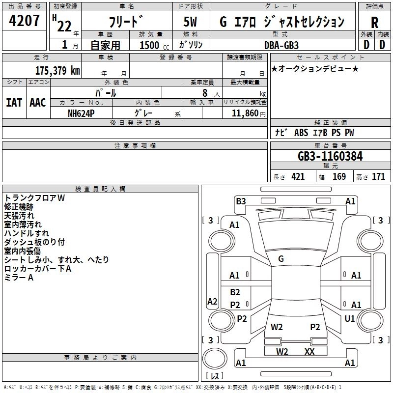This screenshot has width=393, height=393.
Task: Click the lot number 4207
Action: coord(25,21)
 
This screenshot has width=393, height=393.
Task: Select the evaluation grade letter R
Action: coord(374,23)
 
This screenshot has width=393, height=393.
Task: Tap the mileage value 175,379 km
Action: coord(57,70)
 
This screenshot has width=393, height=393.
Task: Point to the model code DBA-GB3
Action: coord(281,44)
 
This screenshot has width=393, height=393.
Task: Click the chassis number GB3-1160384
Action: coord(330,157)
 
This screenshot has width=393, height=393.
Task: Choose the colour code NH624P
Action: coord(82,112)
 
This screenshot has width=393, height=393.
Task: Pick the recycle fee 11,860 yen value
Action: coord(245,113)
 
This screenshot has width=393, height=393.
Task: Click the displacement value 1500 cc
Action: coord(150,45)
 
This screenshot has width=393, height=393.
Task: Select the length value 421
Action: coord(298,177)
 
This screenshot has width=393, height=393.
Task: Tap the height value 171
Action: coord(378,177)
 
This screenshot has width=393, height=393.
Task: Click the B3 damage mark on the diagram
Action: coord(241,201)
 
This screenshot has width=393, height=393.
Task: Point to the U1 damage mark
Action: coord(350,319)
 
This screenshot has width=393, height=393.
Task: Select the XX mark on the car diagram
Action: coord(309,351)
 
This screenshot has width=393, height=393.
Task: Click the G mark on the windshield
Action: coord(281,258)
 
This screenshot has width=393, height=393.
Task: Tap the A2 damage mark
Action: coord(212,301)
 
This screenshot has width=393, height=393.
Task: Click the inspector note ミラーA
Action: coord(19,278)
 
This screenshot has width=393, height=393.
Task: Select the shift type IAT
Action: coord(14,103)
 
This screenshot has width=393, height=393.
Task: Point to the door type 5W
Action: coord(191,23)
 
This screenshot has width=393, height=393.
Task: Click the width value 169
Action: coord(339,177)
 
